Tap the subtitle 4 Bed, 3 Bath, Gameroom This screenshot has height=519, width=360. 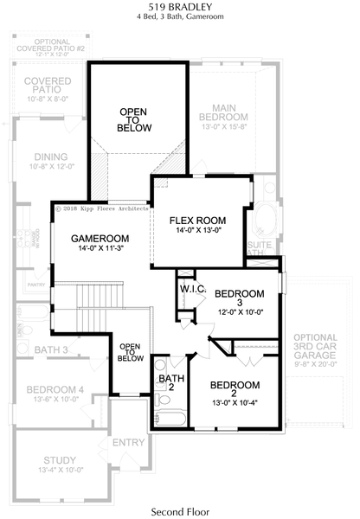(179, 20)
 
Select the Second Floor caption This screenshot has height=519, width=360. (180, 511)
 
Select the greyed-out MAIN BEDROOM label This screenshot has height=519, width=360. (223, 111)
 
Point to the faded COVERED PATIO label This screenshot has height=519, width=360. (47, 85)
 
